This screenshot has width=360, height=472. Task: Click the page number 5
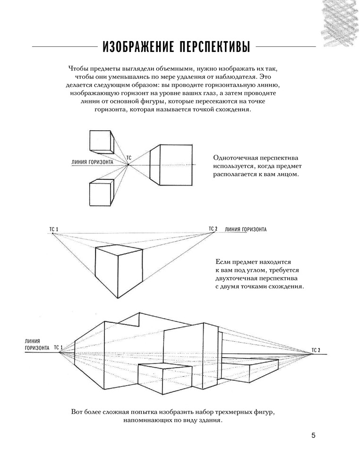(x=313, y=435)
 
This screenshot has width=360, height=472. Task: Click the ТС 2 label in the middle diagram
(x=213, y=229)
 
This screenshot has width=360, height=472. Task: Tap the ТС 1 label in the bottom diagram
(x=58, y=348)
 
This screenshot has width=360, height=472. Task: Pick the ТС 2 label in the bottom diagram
(x=316, y=350)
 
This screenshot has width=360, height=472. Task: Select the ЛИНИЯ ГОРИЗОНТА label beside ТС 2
(x=246, y=230)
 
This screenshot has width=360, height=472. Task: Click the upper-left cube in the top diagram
(x=100, y=140)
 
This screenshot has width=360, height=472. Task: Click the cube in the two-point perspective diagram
(x=118, y=269)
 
